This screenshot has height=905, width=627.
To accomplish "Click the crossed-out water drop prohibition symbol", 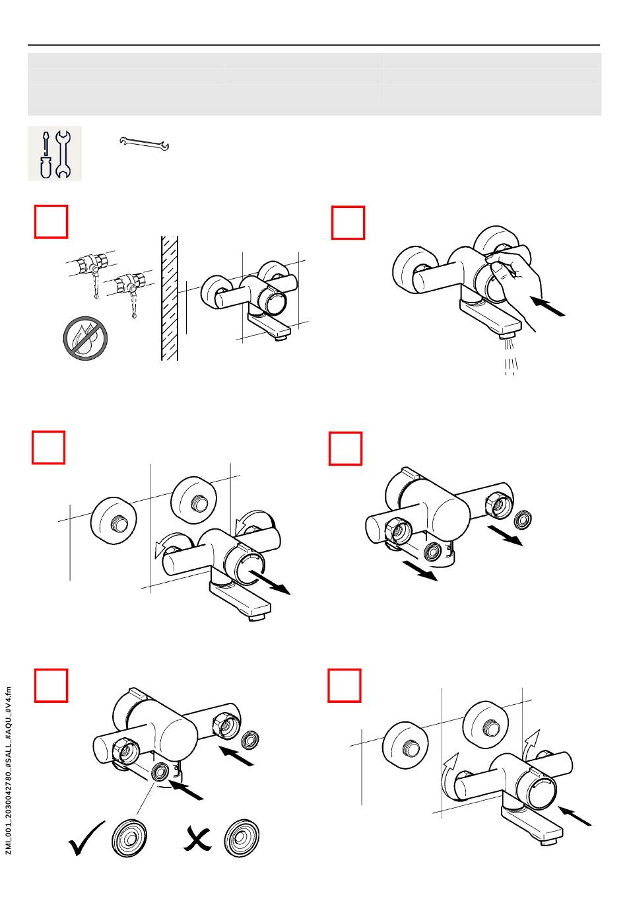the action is pos(85,338).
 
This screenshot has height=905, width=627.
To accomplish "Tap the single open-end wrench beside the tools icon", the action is pos(144,143).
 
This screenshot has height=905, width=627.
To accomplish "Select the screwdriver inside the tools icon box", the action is pos(46,155).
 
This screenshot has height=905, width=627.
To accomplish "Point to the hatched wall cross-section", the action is pos(170,298).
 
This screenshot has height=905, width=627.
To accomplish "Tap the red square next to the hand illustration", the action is pos(348,223).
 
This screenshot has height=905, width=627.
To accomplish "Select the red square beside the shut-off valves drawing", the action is pos(51,222).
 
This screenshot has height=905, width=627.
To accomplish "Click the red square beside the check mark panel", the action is pos(51,686).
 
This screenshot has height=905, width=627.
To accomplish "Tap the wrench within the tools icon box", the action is pos(63,155).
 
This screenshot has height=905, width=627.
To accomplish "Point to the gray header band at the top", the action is pos(315,84).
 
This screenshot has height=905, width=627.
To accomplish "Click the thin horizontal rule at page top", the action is pos(313,45).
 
